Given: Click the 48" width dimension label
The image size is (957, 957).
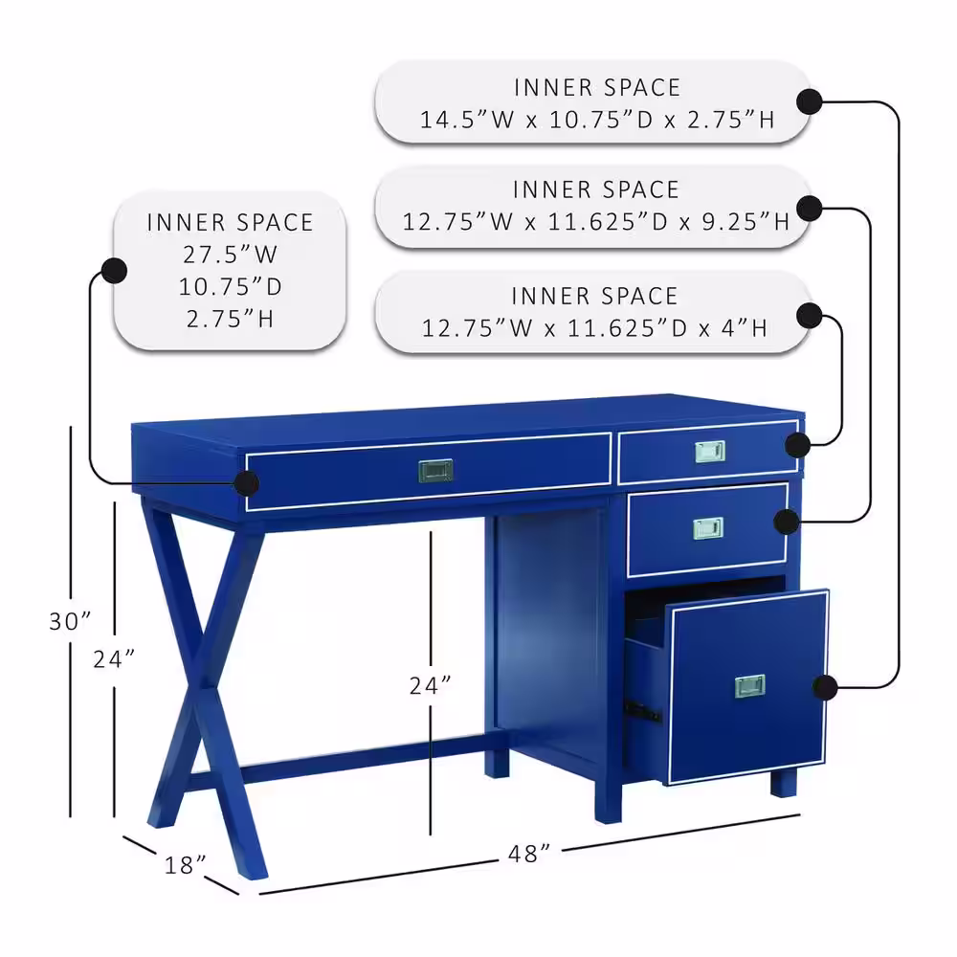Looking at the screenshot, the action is coord(528,854).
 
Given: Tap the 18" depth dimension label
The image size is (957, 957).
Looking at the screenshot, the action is coord(185,865).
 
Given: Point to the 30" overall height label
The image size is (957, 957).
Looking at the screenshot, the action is coord(70,621).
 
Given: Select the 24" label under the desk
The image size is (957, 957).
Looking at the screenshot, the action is coord(430,685).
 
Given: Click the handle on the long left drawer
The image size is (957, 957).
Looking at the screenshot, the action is coord(435,471).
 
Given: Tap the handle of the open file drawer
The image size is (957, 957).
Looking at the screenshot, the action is coord(749,686).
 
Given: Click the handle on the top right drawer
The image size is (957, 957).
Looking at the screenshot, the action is coord(710,452).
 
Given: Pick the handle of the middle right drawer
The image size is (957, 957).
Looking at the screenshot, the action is coord(708,528).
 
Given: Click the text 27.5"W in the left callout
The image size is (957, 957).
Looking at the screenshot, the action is coord(230,255).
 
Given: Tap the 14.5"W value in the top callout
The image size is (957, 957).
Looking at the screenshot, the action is coord(467,120).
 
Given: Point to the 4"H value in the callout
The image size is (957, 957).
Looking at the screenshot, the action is coord(744,328).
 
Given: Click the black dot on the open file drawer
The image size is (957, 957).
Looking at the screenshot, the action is coord(825,687).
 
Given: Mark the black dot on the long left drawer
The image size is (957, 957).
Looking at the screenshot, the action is coord(246,484).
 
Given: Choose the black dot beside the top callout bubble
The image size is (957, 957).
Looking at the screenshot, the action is coord(810,102).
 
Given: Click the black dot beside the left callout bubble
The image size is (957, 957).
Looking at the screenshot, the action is coord(114,271).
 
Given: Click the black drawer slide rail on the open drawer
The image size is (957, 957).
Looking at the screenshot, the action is coord(642,712).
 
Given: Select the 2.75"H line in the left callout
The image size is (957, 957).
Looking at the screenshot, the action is coord(230,320).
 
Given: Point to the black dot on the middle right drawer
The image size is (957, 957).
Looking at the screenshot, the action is coord(787,522).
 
